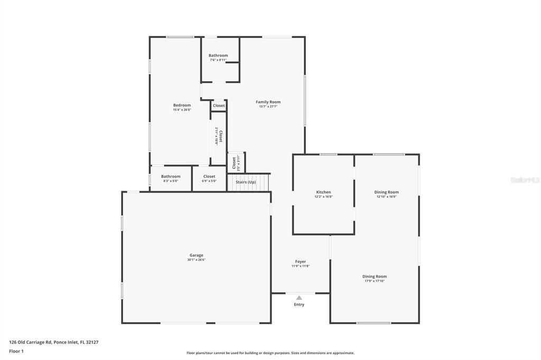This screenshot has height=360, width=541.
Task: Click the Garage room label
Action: coord(197,255)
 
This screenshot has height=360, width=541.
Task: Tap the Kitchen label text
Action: coord(323,192)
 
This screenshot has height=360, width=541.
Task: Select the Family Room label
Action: coord(268,102)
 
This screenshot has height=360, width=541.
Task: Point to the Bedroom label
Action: coord(182,105)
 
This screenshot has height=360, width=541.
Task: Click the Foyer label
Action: coord(300,261)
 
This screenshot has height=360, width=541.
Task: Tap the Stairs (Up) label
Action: coord(246,182)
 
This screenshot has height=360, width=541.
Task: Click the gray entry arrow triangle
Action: coord(299,298)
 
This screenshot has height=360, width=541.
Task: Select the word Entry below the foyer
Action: coord(299,305)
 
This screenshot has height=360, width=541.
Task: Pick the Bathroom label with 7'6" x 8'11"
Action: coord(218,55)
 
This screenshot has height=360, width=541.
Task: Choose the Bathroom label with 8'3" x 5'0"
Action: coord(171,176)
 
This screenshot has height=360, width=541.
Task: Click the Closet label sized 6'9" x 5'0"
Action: coord(209,176)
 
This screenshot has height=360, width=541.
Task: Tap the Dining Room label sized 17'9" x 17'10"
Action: coord(375,277)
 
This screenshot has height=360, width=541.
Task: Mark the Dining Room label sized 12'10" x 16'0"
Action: coord(387,192)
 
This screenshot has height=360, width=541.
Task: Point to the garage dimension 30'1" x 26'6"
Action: coord(197,260)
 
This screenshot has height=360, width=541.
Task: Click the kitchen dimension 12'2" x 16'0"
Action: coord(323,197)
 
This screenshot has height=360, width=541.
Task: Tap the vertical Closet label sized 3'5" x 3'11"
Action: coord(234,163)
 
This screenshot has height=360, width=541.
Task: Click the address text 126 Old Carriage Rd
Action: coord(31,342)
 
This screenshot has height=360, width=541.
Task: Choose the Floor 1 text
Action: coord(16,351)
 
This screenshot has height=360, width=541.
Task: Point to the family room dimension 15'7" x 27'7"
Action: coord(268,107)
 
